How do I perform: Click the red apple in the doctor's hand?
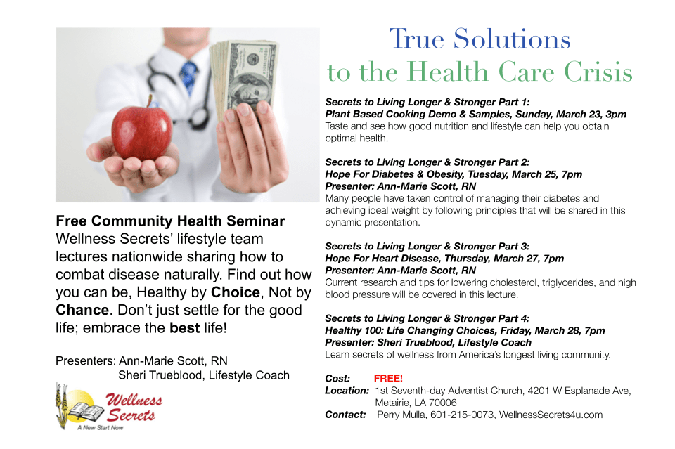pos(141,130)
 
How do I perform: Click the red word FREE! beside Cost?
pos(388,379)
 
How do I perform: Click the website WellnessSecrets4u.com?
pos(551,415)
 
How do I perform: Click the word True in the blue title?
pos(416,39)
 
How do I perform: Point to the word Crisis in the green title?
pos(598,72)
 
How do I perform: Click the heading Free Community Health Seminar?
pos(170,221)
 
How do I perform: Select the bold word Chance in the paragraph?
pos(82,310)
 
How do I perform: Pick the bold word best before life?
pos(185,327)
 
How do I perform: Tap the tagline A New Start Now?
pos(101,427)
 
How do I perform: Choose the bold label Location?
pos(347,391)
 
